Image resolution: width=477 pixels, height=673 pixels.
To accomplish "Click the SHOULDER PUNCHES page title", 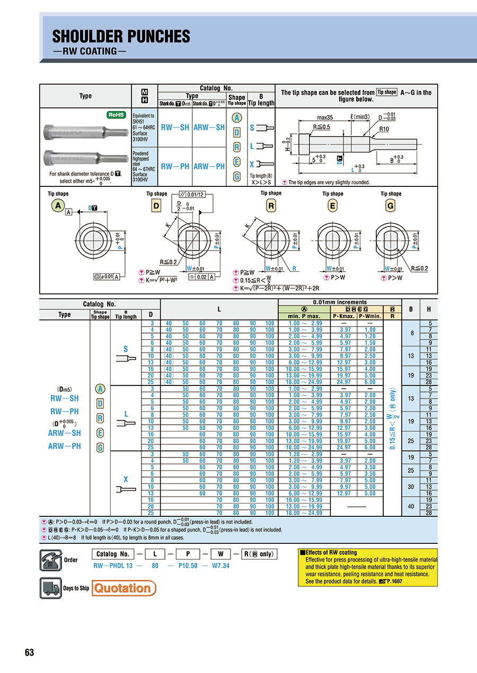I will [x=121, y=37].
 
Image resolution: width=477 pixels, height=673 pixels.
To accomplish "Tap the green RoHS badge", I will [x=117, y=114].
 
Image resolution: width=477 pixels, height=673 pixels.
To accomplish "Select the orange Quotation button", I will [x=124, y=588].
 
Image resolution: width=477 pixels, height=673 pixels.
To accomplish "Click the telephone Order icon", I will [x=50, y=559].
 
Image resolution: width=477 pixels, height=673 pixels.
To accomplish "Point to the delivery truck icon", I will [x=50, y=588].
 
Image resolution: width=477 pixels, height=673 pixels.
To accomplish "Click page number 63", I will [x=29, y=652].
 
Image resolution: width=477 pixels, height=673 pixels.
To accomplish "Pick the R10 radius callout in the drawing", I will [x=385, y=129].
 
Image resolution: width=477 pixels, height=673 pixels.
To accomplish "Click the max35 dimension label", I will [x=325, y=117].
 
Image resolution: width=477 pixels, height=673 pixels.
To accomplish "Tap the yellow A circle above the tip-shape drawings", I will [x=58, y=206].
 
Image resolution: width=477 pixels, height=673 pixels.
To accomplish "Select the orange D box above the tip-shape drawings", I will [x=156, y=206].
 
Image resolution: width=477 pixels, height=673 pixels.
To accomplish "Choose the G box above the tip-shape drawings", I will [x=390, y=206].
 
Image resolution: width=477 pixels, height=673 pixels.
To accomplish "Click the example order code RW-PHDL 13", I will [x=112, y=566].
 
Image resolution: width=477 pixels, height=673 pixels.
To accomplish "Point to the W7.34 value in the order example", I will [x=220, y=566].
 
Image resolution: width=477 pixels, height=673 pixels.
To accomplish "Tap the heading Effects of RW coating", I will [x=331, y=552].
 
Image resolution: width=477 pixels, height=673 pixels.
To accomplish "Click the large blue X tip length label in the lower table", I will [x=126, y=480].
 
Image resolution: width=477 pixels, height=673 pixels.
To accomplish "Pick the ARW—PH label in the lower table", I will [x=65, y=446].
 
